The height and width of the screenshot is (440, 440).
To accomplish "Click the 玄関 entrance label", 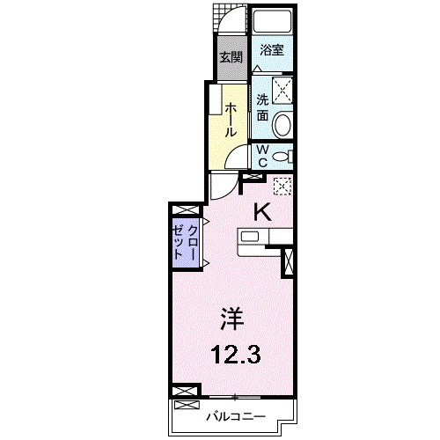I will click(x=231, y=58).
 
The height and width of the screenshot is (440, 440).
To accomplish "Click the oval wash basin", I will click(x=282, y=126).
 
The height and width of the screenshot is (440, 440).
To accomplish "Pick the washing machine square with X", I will click(x=281, y=89).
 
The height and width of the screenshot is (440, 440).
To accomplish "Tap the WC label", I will click(x=261, y=155).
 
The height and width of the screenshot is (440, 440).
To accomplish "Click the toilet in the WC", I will click(x=281, y=157).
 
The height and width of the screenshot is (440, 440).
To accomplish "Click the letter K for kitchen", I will click(x=261, y=211).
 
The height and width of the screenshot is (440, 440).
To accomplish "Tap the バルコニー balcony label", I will click(x=236, y=414).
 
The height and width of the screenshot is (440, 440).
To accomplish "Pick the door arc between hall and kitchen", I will click(x=224, y=185).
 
